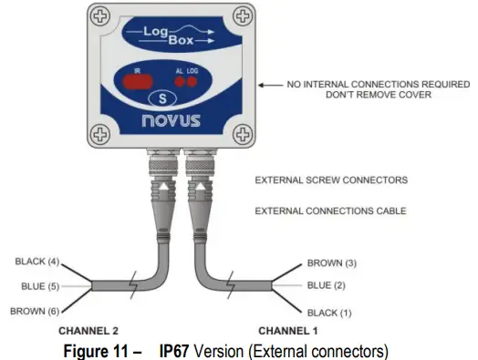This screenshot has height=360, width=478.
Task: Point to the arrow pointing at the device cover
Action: click(271, 84)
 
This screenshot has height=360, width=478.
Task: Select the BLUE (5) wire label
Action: click(40, 286)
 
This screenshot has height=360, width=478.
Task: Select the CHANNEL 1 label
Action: click(290, 330)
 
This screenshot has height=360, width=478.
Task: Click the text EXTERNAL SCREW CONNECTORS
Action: click(330, 180)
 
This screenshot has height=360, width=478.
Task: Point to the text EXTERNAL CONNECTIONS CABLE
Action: click(330, 211)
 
